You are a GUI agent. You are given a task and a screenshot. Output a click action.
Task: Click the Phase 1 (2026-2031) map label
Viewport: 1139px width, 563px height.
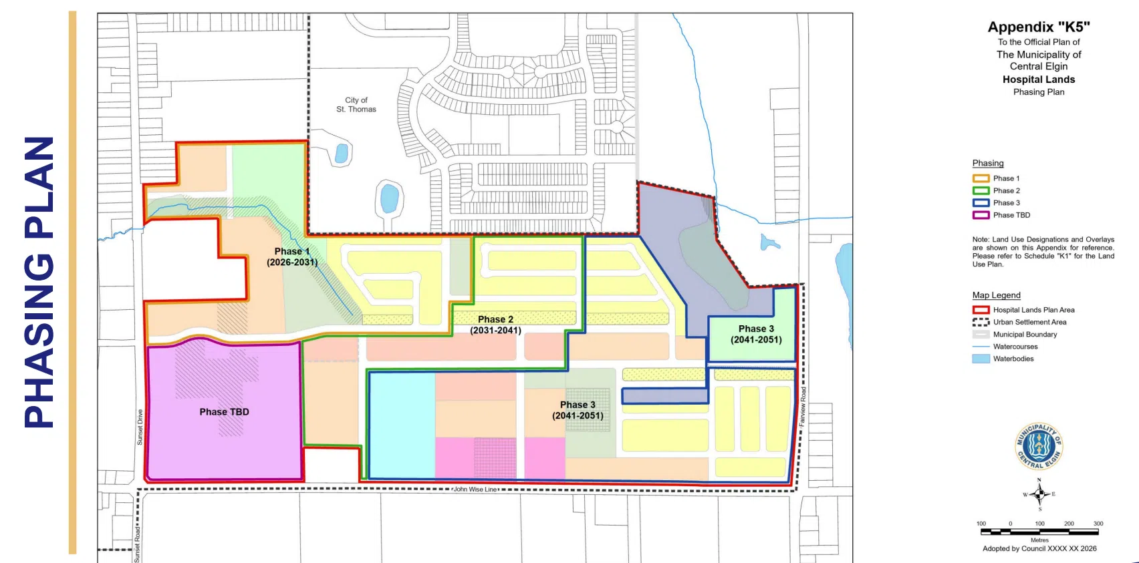tap(292, 256)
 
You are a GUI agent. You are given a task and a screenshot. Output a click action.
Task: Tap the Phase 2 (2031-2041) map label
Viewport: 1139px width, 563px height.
tap(495, 325)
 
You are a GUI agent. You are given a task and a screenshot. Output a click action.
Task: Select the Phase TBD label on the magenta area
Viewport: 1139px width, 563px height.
tap(224, 411)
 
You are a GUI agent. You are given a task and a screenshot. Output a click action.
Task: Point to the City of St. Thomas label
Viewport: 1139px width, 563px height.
tap(356, 105)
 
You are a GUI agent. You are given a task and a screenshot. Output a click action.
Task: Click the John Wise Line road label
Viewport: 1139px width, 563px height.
tap(475, 490)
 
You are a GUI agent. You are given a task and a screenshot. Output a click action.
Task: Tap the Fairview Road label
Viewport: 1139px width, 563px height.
tap(802, 407)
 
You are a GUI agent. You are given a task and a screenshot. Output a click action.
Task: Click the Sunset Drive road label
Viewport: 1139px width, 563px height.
tap(140, 427)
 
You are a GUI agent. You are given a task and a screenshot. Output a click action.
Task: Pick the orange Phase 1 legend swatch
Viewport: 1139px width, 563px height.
tap(981, 178)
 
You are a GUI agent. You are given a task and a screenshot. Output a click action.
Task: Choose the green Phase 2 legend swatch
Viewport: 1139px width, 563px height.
tap(981, 190)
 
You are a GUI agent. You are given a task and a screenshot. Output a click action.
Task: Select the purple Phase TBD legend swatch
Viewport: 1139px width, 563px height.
tap(981, 215)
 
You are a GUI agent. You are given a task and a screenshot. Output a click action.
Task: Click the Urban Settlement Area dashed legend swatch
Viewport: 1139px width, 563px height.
tap(981, 322)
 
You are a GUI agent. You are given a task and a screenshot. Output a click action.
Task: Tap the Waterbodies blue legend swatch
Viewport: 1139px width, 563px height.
tap(981, 359)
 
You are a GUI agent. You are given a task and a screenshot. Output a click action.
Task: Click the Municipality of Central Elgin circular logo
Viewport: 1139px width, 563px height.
tap(1038, 446)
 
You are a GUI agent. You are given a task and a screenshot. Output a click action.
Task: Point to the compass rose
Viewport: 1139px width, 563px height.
tap(1039, 494)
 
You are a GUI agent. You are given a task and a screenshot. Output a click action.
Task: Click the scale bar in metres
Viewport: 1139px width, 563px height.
tap(1039, 532)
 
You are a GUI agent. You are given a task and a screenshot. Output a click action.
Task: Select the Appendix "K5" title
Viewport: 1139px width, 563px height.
tap(1038, 27)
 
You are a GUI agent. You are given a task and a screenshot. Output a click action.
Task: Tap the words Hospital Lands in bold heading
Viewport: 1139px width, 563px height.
tap(1038, 79)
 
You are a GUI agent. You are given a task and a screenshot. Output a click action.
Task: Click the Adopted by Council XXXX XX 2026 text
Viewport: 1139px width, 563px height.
tap(1039, 549)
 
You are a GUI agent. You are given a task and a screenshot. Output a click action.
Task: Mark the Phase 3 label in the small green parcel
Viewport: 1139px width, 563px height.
tap(756, 335)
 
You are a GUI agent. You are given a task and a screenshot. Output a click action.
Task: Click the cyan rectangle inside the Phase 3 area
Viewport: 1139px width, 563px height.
tap(402, 425)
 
